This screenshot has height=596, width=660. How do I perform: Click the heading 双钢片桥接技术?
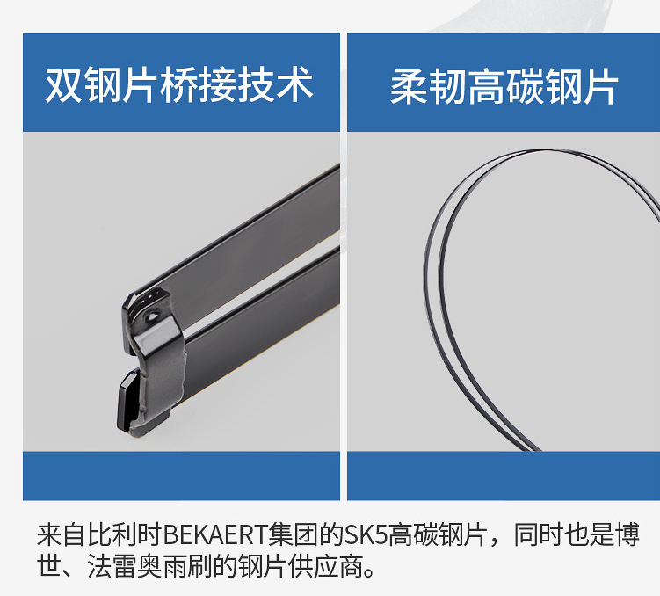(179, 85)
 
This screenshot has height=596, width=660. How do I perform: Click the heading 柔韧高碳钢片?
(504, 87)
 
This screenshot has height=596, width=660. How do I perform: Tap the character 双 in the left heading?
(63, 85)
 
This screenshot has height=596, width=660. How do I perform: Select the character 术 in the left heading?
(295, 85)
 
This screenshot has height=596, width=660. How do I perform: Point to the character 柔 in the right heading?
(409, 87)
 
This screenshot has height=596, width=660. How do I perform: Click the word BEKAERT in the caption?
(215, 534)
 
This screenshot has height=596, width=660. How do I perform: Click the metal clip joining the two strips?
(153, 360)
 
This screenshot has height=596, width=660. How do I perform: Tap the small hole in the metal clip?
(152, 316)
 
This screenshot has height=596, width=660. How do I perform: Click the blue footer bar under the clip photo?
(181, 476)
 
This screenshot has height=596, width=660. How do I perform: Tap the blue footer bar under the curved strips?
(504, 476)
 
